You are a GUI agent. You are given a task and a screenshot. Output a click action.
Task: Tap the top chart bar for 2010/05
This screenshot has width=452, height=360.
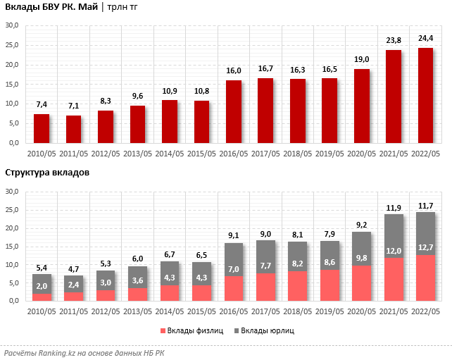point(42,128)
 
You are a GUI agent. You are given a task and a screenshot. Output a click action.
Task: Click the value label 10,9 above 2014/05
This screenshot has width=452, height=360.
point(170,91)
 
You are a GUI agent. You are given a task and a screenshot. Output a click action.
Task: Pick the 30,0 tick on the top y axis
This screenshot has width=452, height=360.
point(12,25)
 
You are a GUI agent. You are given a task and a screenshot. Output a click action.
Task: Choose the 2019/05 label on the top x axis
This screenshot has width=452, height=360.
point(329,153)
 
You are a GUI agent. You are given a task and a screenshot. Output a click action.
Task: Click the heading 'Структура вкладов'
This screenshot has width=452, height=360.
point(47,173)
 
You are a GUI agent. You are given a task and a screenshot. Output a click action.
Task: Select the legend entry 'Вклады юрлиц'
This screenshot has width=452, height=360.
point(267,330)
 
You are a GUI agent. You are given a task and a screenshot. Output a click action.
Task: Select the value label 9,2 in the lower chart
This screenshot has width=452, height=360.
point(361,225)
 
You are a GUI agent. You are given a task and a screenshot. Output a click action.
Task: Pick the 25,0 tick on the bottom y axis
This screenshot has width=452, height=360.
point(12,210)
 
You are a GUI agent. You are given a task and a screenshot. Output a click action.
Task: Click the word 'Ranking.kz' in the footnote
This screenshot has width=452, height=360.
point(61,352)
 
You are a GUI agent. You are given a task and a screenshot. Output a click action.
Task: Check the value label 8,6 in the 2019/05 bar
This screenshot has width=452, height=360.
point(329,282)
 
